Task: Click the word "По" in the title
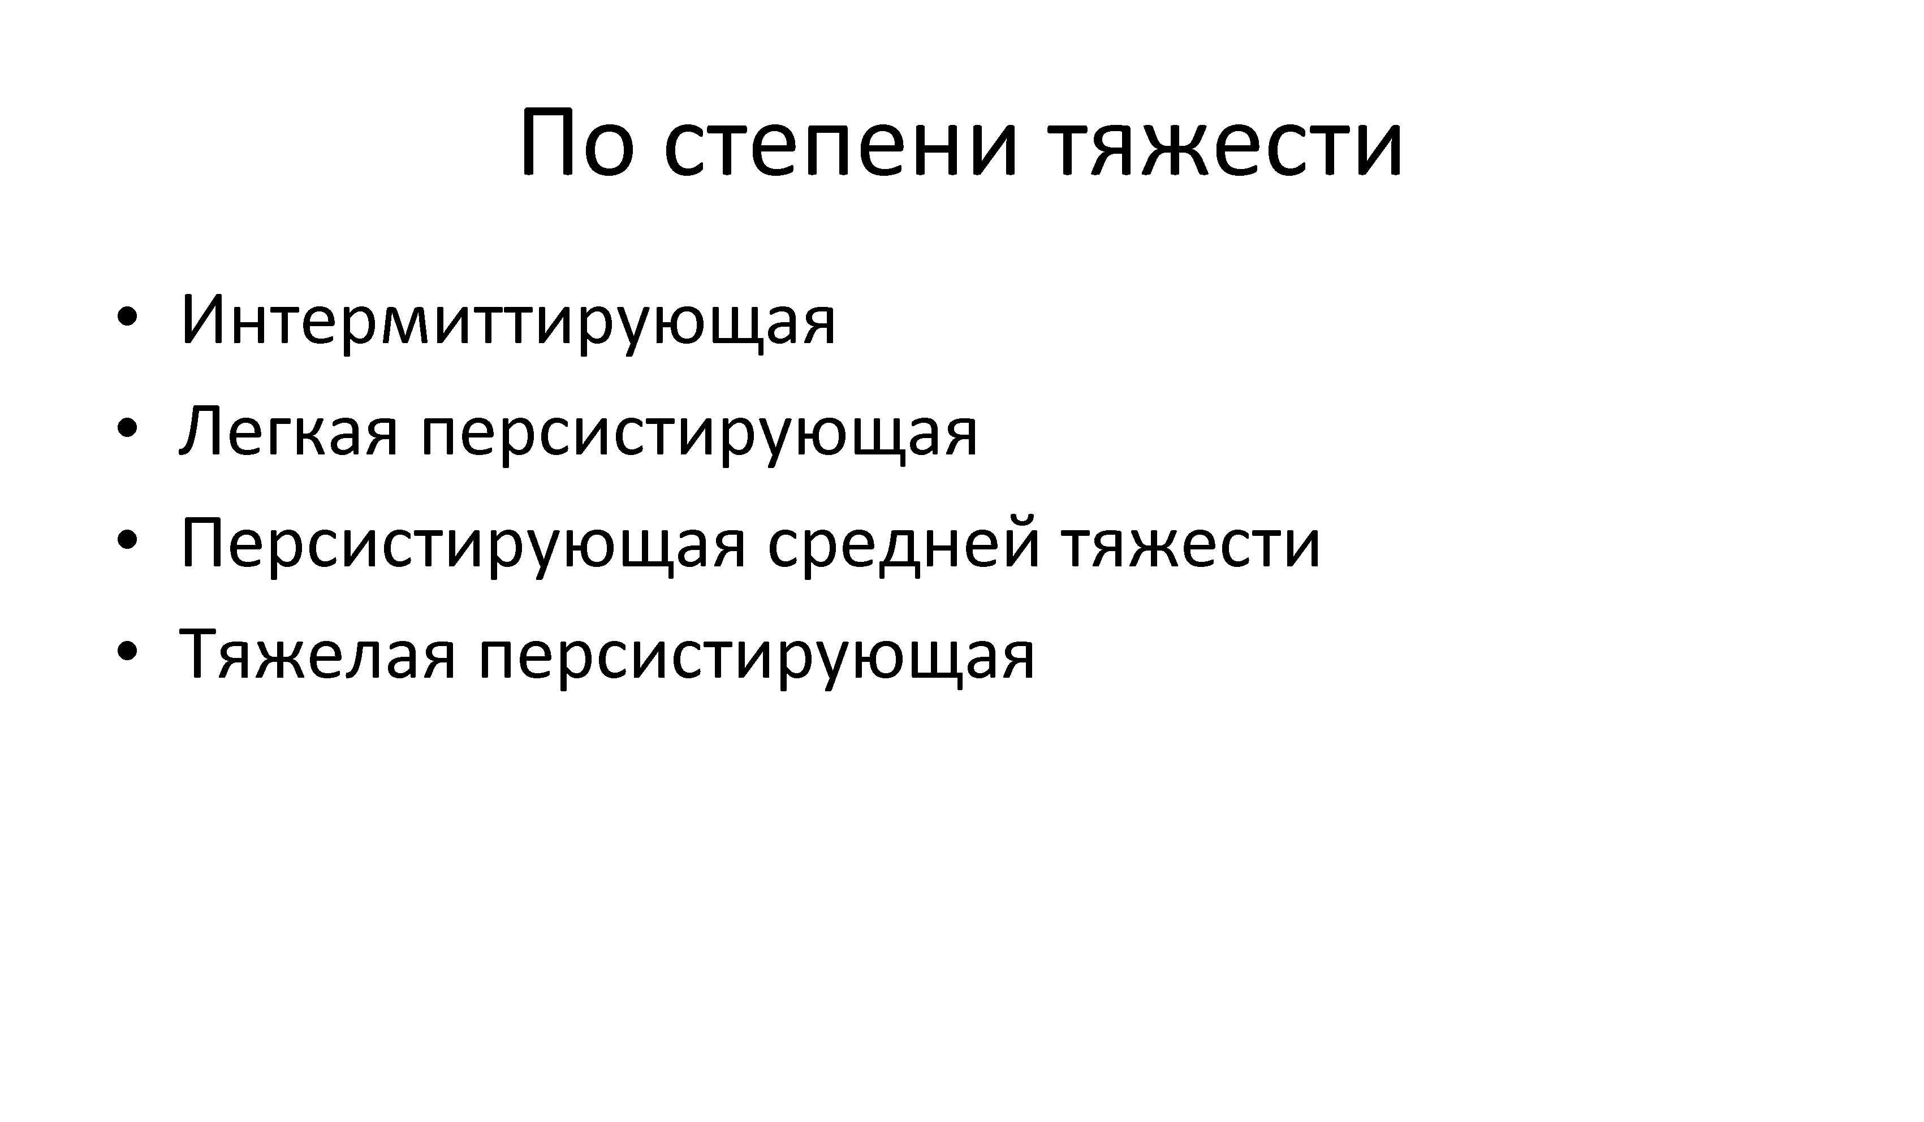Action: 576,144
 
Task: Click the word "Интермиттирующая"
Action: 508,321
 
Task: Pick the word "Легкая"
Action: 288,433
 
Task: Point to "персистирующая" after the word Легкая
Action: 698,436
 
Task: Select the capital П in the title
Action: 547,144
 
